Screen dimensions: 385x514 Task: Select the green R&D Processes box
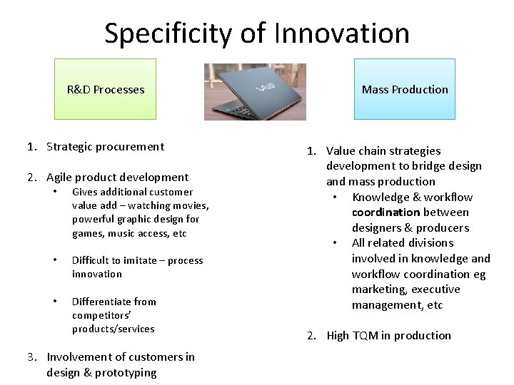(x=106, y=89)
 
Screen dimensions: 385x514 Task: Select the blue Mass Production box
(x=405, y=89)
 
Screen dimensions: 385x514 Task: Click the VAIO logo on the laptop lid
(x=266, y=86)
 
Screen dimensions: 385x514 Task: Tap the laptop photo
(x=255, y=91)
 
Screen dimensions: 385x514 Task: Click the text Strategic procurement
(x=105, y=147)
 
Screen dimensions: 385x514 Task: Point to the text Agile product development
(x=117, y=178)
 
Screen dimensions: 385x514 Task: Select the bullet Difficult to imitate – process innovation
(x=137, y=267)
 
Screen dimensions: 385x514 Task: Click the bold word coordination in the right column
(x=385, y=212)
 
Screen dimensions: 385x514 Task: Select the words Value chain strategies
(x=383, y=151)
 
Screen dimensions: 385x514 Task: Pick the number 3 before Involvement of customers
(x=31, y=357)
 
